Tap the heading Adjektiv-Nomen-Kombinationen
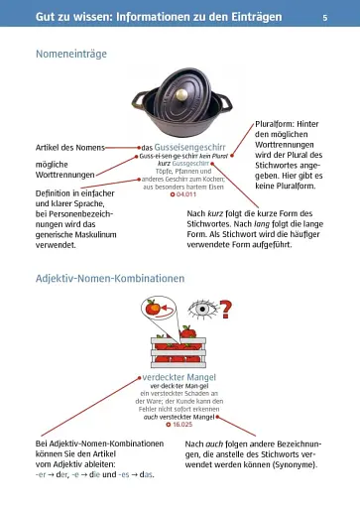click(x=110, y=280)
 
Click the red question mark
click(x=226, y=311)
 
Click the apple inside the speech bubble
click(x=153, y=310)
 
